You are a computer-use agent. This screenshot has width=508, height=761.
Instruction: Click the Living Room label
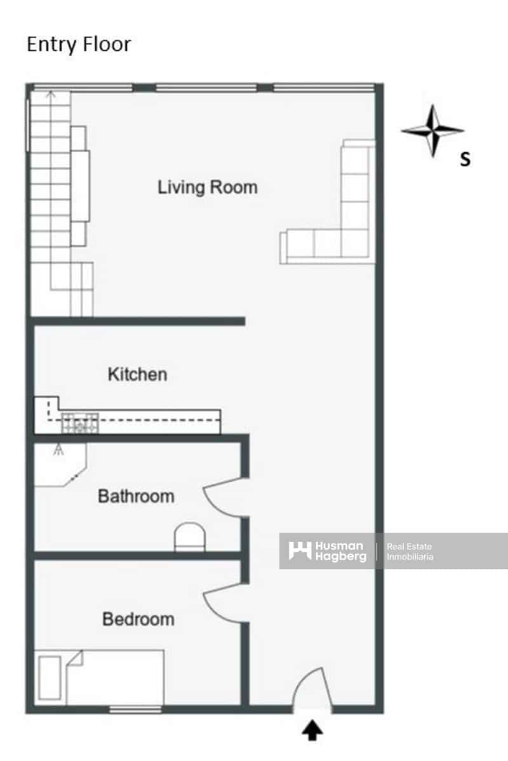click(208, 187)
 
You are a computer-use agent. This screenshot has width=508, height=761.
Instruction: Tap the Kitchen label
click(137, 374)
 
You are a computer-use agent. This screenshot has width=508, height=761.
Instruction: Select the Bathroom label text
click(136, 496)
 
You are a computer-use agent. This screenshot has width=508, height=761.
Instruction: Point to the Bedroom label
click(138, 619)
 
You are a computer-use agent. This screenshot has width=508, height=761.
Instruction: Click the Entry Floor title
click(79, 44)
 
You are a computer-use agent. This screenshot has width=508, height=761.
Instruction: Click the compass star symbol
click(432, 131)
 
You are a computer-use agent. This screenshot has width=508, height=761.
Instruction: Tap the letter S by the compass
click(465, 160)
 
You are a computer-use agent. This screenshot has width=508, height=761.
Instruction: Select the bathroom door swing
click(222, 498)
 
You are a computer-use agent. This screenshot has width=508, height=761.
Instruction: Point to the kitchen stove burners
click(80, 423)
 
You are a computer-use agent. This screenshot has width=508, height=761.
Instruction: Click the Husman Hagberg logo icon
click(300, 550)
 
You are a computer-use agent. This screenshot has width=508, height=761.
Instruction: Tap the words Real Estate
click(410, 546)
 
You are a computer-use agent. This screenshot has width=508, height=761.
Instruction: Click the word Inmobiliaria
click(410, 557)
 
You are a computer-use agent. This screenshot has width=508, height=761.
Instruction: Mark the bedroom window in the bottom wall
click(135, 709)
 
